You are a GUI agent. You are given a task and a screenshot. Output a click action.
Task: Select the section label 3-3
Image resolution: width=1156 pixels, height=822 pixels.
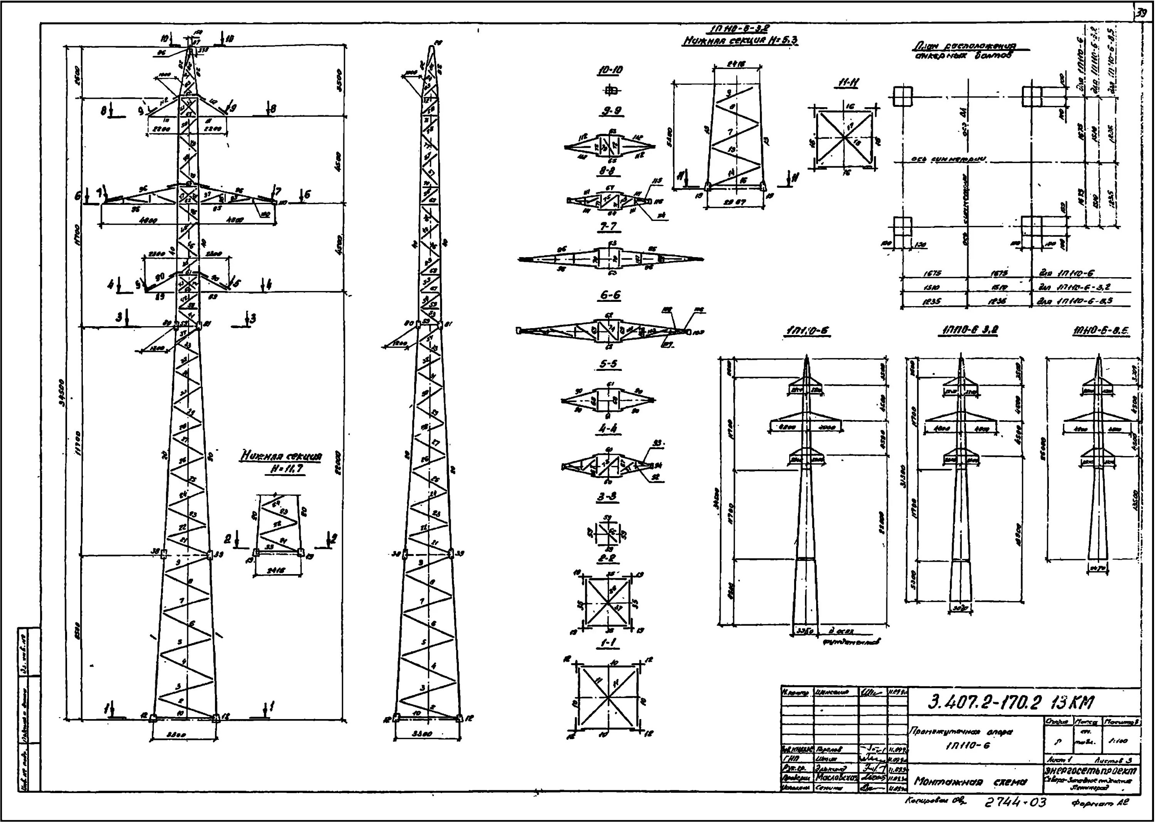pos(607,497)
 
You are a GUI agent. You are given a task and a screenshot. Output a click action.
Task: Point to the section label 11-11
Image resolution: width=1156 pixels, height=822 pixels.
pos(847,83)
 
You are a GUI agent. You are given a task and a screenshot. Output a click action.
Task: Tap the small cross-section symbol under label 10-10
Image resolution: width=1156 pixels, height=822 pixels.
pos(611,91)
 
